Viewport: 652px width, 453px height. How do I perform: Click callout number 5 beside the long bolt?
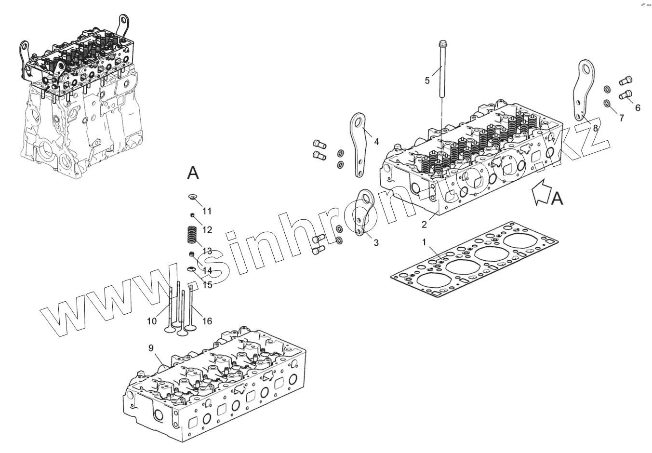(427, 80)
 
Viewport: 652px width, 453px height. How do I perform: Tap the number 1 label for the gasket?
(424, 242)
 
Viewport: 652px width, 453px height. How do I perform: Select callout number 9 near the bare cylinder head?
(151, 347)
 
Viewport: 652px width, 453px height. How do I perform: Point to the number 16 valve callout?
(207, 321)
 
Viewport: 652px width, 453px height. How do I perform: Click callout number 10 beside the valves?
(152, 321)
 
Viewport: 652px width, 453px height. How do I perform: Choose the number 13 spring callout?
(207, 251)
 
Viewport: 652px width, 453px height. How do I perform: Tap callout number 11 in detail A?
(207, 211)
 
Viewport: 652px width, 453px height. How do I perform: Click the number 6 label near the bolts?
(638, 107)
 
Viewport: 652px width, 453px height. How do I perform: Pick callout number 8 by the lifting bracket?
(596, 128)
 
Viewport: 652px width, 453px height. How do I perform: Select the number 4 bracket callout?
(376, 142)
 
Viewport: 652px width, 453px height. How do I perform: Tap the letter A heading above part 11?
(193, 173)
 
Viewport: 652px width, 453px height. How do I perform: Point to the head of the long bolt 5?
(441, 44)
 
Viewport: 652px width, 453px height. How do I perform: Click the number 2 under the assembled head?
(424, 224)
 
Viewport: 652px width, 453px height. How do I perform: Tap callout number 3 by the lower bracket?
(376, 243)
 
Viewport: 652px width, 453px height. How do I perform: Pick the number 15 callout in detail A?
(207, 285)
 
